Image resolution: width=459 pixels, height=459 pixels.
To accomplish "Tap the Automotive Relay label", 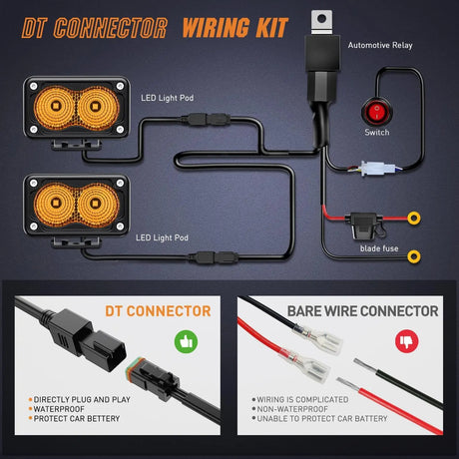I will (380, 46).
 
